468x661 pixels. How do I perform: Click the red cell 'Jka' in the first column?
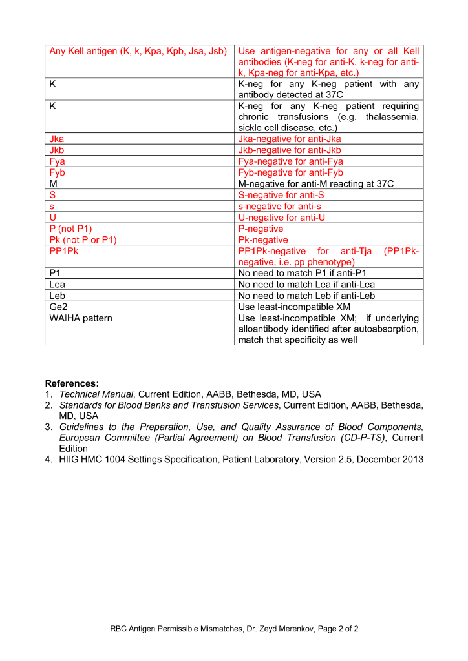(x=57, y=139)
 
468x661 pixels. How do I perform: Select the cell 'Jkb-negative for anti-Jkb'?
(x=290, y=150)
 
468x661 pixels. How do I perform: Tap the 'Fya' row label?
(x=57, y=161)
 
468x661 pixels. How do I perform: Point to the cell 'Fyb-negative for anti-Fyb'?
(x=290, y=172)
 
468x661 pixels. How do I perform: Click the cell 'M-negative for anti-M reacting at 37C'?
(x=315, y=184)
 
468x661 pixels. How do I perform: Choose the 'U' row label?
(x=52, y=218)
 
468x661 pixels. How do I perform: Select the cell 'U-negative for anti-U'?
(x=282, y=218)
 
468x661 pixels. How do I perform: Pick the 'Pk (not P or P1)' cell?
(x=83, y=240)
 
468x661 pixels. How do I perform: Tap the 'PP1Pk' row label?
(x=63, y=251)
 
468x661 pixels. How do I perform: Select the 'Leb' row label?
(x=58, y=296)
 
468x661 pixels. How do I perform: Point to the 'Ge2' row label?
(x=58, y=307)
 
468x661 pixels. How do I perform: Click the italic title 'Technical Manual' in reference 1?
(x=96, y=394)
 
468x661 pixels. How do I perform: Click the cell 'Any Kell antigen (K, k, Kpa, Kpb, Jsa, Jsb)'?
(x=138, y=51)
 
